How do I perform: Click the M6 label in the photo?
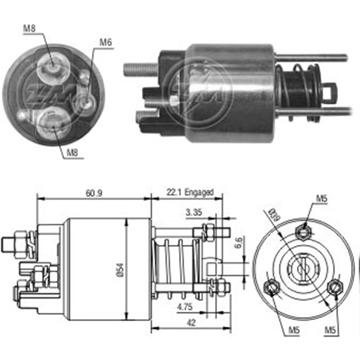(x=105, y=42)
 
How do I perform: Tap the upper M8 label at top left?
(x=29, y=29)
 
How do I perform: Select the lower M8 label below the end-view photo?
(x=73, y=153)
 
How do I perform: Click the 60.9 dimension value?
(x=94, y=193)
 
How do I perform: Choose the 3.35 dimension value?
(x=194, y=213)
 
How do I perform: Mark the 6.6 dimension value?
(x=238, y=243)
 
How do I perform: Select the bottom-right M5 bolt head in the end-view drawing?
(x=334, y=287)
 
